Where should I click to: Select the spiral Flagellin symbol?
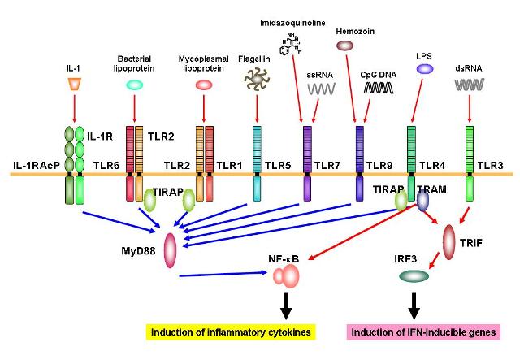[x=256, y=79]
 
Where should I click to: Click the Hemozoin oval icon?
[x=344, y=46]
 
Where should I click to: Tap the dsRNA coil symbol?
[x=469, y=84]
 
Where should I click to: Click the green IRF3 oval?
[x=414, y=277]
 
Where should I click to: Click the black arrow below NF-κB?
[x=287, y=307]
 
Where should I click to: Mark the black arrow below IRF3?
[x=414, y=305]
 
